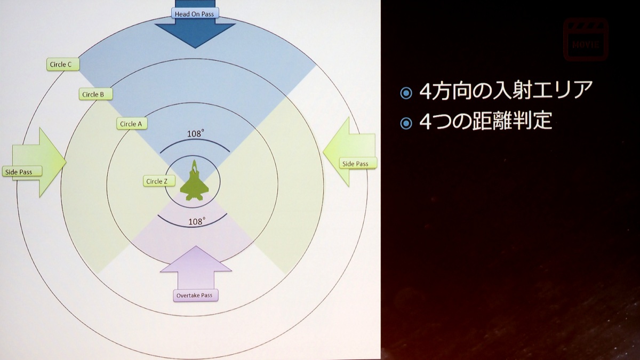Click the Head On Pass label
point(195,13)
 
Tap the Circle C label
point(63,65)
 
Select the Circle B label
point(95,94)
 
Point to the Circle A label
point(132,124)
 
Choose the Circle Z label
point(159,181)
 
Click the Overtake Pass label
point(196,295)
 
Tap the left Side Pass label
point(22,172)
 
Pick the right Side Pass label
point(358,164)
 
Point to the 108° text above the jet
point(196,133)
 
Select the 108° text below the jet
point(197,222)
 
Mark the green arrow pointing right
point(39,162)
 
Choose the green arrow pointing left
point(349,151)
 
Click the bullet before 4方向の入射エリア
point(406,93)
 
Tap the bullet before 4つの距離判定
point(406,124)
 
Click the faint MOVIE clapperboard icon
point(586,39)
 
